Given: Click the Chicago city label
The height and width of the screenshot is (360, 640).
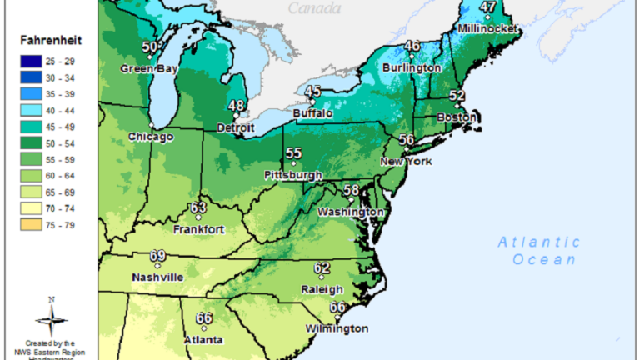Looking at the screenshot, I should point(151,137).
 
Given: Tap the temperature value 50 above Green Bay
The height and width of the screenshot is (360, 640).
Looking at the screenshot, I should point(150,47).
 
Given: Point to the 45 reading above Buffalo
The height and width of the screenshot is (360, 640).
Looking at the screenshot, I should point(313,92).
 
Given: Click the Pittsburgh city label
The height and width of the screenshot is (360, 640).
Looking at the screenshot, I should point(292,175).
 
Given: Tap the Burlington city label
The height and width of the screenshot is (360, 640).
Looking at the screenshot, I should point(412,67).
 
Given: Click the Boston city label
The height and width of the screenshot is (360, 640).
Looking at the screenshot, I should point(456,117).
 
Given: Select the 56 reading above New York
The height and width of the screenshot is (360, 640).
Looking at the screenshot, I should point(407,140).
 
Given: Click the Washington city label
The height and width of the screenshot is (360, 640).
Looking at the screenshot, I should point(351,212).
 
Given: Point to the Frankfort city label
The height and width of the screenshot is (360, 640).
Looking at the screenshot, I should point(198,229).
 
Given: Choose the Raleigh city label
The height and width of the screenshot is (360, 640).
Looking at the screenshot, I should point(322,289).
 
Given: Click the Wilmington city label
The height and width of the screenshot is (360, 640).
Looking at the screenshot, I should point(337,328).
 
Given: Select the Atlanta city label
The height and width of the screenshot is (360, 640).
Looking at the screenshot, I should point(204,340).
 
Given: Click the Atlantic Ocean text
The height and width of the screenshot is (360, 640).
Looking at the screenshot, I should point(538,251).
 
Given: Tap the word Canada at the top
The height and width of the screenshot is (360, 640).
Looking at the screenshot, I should point(315,8).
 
